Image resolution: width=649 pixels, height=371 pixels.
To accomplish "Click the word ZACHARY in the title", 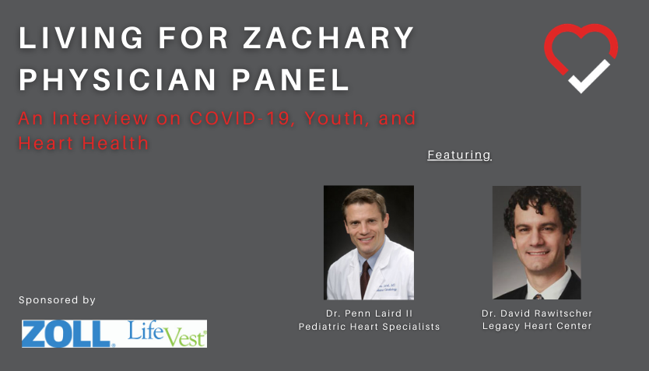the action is click(x=328, y=38).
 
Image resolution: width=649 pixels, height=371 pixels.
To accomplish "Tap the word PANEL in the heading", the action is click(x=290, y=79).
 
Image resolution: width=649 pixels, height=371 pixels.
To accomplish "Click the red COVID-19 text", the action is click(x=240, y=119).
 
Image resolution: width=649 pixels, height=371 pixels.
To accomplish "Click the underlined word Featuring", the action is click(x=459, y=155).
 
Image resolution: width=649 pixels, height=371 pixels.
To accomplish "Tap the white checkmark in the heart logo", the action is click(x=589, y=77).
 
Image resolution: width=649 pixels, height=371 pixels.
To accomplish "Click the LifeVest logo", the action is click(x=167, y=334).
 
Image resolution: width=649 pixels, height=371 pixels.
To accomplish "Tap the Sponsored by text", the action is click(x=57, y=300).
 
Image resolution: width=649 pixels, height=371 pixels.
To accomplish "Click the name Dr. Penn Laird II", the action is click(x=369, y=313).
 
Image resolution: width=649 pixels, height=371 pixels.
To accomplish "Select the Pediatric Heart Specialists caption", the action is click(x=369, y=327).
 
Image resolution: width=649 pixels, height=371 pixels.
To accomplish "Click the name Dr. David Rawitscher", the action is click(x=537, y=313).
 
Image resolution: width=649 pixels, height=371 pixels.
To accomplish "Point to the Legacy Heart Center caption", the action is click(x=537, y=326).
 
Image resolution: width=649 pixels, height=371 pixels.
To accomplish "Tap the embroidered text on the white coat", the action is click(x=387, y=288).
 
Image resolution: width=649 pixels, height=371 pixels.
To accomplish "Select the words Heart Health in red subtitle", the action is click(x=83, y=143).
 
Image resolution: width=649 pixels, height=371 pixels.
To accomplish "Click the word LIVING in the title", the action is click(x=81, y=38).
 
